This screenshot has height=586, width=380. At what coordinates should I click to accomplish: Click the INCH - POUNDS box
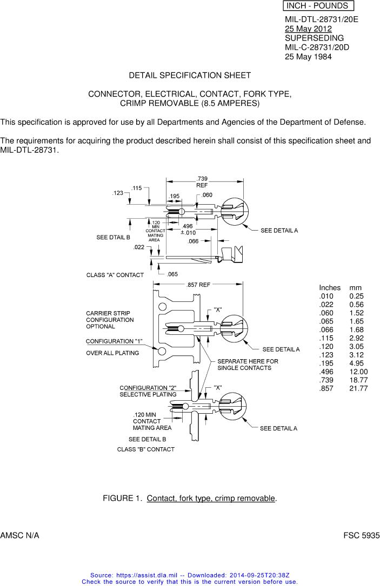pos(318,6)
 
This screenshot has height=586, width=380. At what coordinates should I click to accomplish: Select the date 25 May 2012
pos(308,29)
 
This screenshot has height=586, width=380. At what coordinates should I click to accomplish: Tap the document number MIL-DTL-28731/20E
pos(321,19)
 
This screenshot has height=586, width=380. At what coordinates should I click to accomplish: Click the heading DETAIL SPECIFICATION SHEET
pos(190,75)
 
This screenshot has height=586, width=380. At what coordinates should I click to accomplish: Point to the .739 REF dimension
pos(202,181)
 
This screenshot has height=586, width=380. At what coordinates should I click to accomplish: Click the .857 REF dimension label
pos(198,285)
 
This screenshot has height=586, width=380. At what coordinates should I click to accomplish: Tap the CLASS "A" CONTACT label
pos(115,275)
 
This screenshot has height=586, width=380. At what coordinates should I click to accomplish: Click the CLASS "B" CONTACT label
pos(146,449)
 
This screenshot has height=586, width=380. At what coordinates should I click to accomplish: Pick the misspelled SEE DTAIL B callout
pos(113,237)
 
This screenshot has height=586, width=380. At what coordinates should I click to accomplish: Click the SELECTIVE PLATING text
pos(148,394)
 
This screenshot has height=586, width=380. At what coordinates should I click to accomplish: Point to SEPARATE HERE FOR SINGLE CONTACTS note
pos(248,365)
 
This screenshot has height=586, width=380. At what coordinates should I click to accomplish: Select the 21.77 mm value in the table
pos(358,388)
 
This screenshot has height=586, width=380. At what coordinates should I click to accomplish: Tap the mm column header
pos(356,288)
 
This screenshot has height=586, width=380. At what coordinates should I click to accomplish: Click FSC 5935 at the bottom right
pos(361,535)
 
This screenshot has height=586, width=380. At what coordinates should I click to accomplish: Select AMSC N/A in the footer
pos(19,535)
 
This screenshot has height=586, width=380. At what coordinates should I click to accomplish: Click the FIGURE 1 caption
pos(190,498)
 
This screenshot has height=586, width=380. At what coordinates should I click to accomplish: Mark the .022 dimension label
pos(139,247)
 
